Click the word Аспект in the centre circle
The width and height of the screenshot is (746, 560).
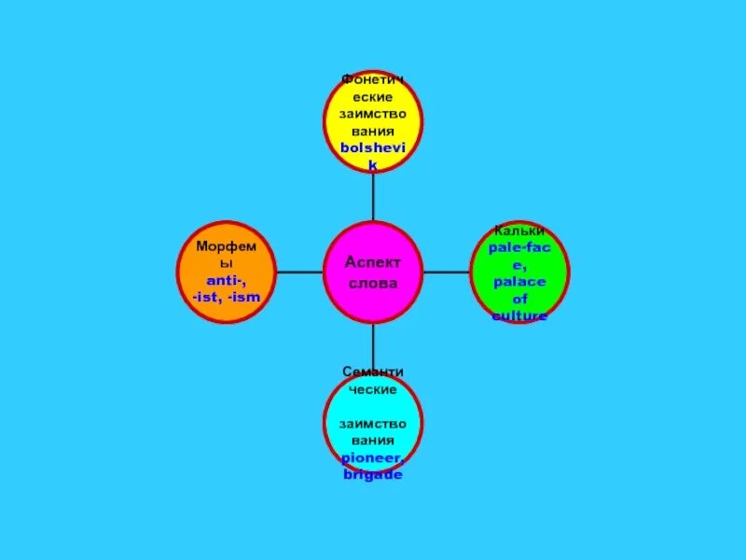pyautogui.click(x=373, y=263)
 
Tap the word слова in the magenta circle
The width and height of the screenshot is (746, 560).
pyautogui.click(x=373, y=283)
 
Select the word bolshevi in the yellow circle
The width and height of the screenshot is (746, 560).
pyautogui.click(x=373, y=148)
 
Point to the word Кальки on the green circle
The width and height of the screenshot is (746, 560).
pyautogui.click(x=519, y=231)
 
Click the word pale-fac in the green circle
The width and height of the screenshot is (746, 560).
pyautogui.click(x=519, y=247)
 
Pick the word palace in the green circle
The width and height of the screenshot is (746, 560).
pyautogui.click(x=519, y=281)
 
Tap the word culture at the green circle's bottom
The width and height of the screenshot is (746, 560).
pyautogui.click(x=519, y=315)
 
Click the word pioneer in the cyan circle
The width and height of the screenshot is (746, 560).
pyautogui.click(x=370, y=457)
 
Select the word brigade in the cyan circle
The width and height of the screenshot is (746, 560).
pyautogui.click(x=372, y=474)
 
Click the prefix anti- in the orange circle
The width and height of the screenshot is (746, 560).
pyautogui.click(x=225, y=280)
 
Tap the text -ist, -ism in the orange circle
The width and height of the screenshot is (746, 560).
pyautogui.click(x=225, y=297)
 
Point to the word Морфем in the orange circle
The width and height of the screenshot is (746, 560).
pyautogui.click(x=225, y=246)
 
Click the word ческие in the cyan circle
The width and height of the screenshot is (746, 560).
pyautogui.click(x=373, y=388)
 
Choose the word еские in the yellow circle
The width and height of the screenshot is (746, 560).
pyautogui.click(x=373, y=97)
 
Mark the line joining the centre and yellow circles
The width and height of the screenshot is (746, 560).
pyautogui.click(x=373, y=196)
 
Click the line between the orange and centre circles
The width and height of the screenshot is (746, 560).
pyautogui.click(x=298, y=273)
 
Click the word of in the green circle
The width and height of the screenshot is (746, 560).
pyautogui.click(x=519, y=299)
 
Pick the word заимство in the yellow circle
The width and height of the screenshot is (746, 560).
pyautogui.click(x=373, y=114)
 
